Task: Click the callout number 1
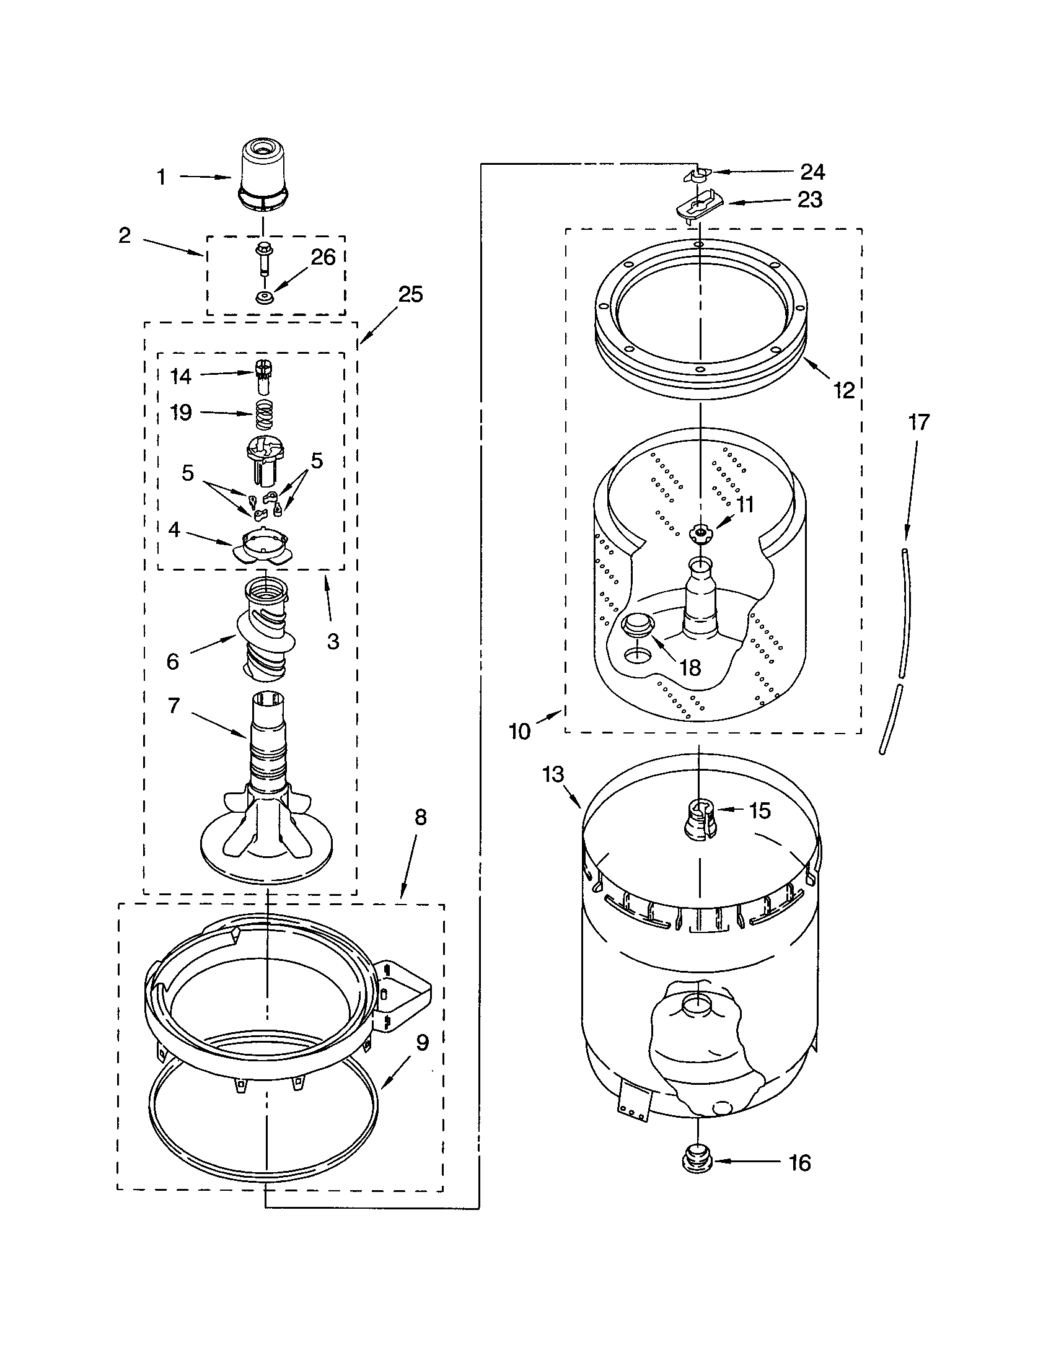161,177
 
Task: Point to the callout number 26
323,257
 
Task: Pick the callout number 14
181,375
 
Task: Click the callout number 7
174,705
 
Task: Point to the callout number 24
812,172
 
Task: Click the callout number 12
844,390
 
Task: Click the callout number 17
918,423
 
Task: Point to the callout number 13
553,774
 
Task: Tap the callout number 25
410,294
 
